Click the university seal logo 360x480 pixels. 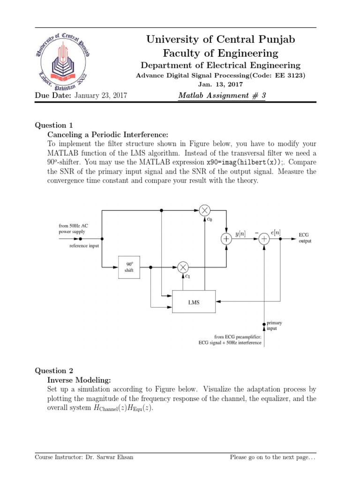[65, 61]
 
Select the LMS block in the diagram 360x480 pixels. [194, 302]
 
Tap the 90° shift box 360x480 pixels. [129, 267]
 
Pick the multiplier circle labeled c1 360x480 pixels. [183, 267]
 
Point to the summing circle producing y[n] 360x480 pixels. [226, 239]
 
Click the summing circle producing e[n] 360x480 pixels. [264, 239]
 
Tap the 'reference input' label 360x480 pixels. [84, 246]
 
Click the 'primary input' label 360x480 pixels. [274, 326]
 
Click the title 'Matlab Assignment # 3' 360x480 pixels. [222, 96]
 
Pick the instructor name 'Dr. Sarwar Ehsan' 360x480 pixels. [109, 457]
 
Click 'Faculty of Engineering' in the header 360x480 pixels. [220, 53]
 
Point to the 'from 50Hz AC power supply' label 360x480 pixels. [73, 228]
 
